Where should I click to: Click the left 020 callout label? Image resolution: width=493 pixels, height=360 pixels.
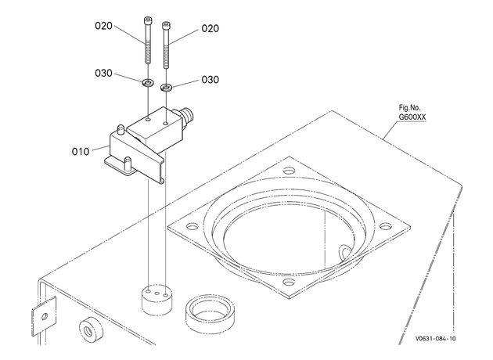pos(103,26)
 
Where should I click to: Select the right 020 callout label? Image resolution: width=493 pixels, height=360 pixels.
pos(210,29)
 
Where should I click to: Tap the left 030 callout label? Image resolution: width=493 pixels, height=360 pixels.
pos(103,74)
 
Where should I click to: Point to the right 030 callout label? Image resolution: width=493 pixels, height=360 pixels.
pos(210,80)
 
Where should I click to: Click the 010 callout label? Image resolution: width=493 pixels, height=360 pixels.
pos(81,152)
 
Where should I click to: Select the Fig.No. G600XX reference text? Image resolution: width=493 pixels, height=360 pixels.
pos(412,112)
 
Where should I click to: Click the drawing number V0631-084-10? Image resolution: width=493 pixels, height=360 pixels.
pos(435,339)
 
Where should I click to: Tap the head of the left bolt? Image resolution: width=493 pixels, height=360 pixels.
pos(147,21)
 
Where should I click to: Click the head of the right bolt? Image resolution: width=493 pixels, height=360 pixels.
pos(166,26)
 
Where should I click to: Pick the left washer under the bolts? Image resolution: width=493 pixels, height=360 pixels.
pos(147,83)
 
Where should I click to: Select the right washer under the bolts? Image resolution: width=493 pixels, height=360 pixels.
pos(166,88)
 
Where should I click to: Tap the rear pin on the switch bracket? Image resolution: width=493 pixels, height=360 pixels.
pos(120,130)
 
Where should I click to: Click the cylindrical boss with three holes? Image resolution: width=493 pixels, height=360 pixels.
pos(157,300)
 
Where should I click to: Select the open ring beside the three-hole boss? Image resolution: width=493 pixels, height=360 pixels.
pos(210,314)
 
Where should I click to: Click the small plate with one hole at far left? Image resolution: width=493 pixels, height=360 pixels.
pos(44,316)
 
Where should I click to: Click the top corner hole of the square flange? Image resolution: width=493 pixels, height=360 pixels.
pos(289,171)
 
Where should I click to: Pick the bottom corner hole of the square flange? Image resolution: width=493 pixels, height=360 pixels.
pos(289,282)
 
